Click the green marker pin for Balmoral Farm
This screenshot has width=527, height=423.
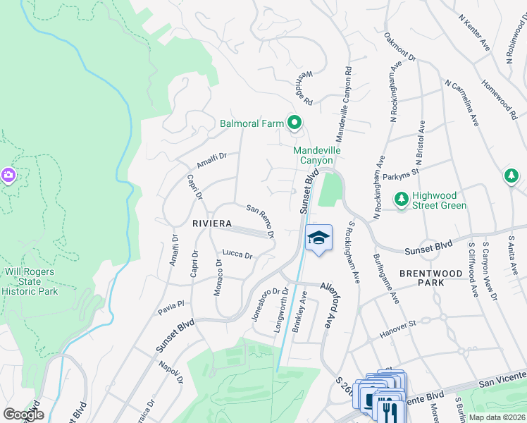coord(294,124)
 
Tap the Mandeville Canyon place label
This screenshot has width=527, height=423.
coord(317,155)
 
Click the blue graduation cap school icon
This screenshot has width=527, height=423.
coord(318,240)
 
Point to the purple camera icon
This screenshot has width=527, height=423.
coord(8,174)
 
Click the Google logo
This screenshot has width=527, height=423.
coord(23,415)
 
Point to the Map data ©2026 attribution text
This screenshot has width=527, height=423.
coord(497,417)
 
